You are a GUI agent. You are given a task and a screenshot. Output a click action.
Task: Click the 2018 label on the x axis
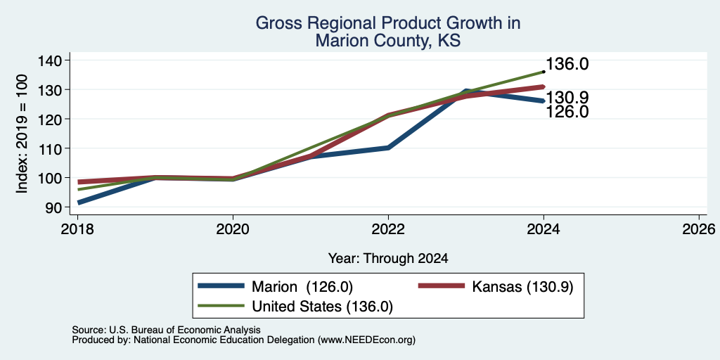pos(77,229)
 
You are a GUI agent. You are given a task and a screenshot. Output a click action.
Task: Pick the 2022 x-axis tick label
pos(388,229)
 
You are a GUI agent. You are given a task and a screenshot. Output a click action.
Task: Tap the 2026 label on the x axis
pos(700,229)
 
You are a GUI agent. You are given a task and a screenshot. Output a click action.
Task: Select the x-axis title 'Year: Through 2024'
pos(388,259)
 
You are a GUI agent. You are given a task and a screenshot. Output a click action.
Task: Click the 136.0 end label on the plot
pos(567,64)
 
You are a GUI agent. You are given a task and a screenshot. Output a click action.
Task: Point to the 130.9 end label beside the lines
pos(567,98)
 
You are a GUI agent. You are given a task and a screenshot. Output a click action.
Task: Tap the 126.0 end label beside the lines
pos(567,112)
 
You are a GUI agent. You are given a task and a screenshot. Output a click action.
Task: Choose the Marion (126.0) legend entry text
pos(302,287)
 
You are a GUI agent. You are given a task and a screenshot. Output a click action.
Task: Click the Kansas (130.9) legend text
pos(523,287)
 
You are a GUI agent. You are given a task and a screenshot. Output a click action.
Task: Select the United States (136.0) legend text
pos(322,307)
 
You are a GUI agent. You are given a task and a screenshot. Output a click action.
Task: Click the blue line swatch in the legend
pos(221,286)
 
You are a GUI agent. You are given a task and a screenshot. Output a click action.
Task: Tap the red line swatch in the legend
pos(442,286)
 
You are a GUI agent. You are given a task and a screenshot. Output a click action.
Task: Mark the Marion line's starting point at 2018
pos(79,202)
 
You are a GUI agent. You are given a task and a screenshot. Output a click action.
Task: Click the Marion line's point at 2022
pos(388,148)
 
